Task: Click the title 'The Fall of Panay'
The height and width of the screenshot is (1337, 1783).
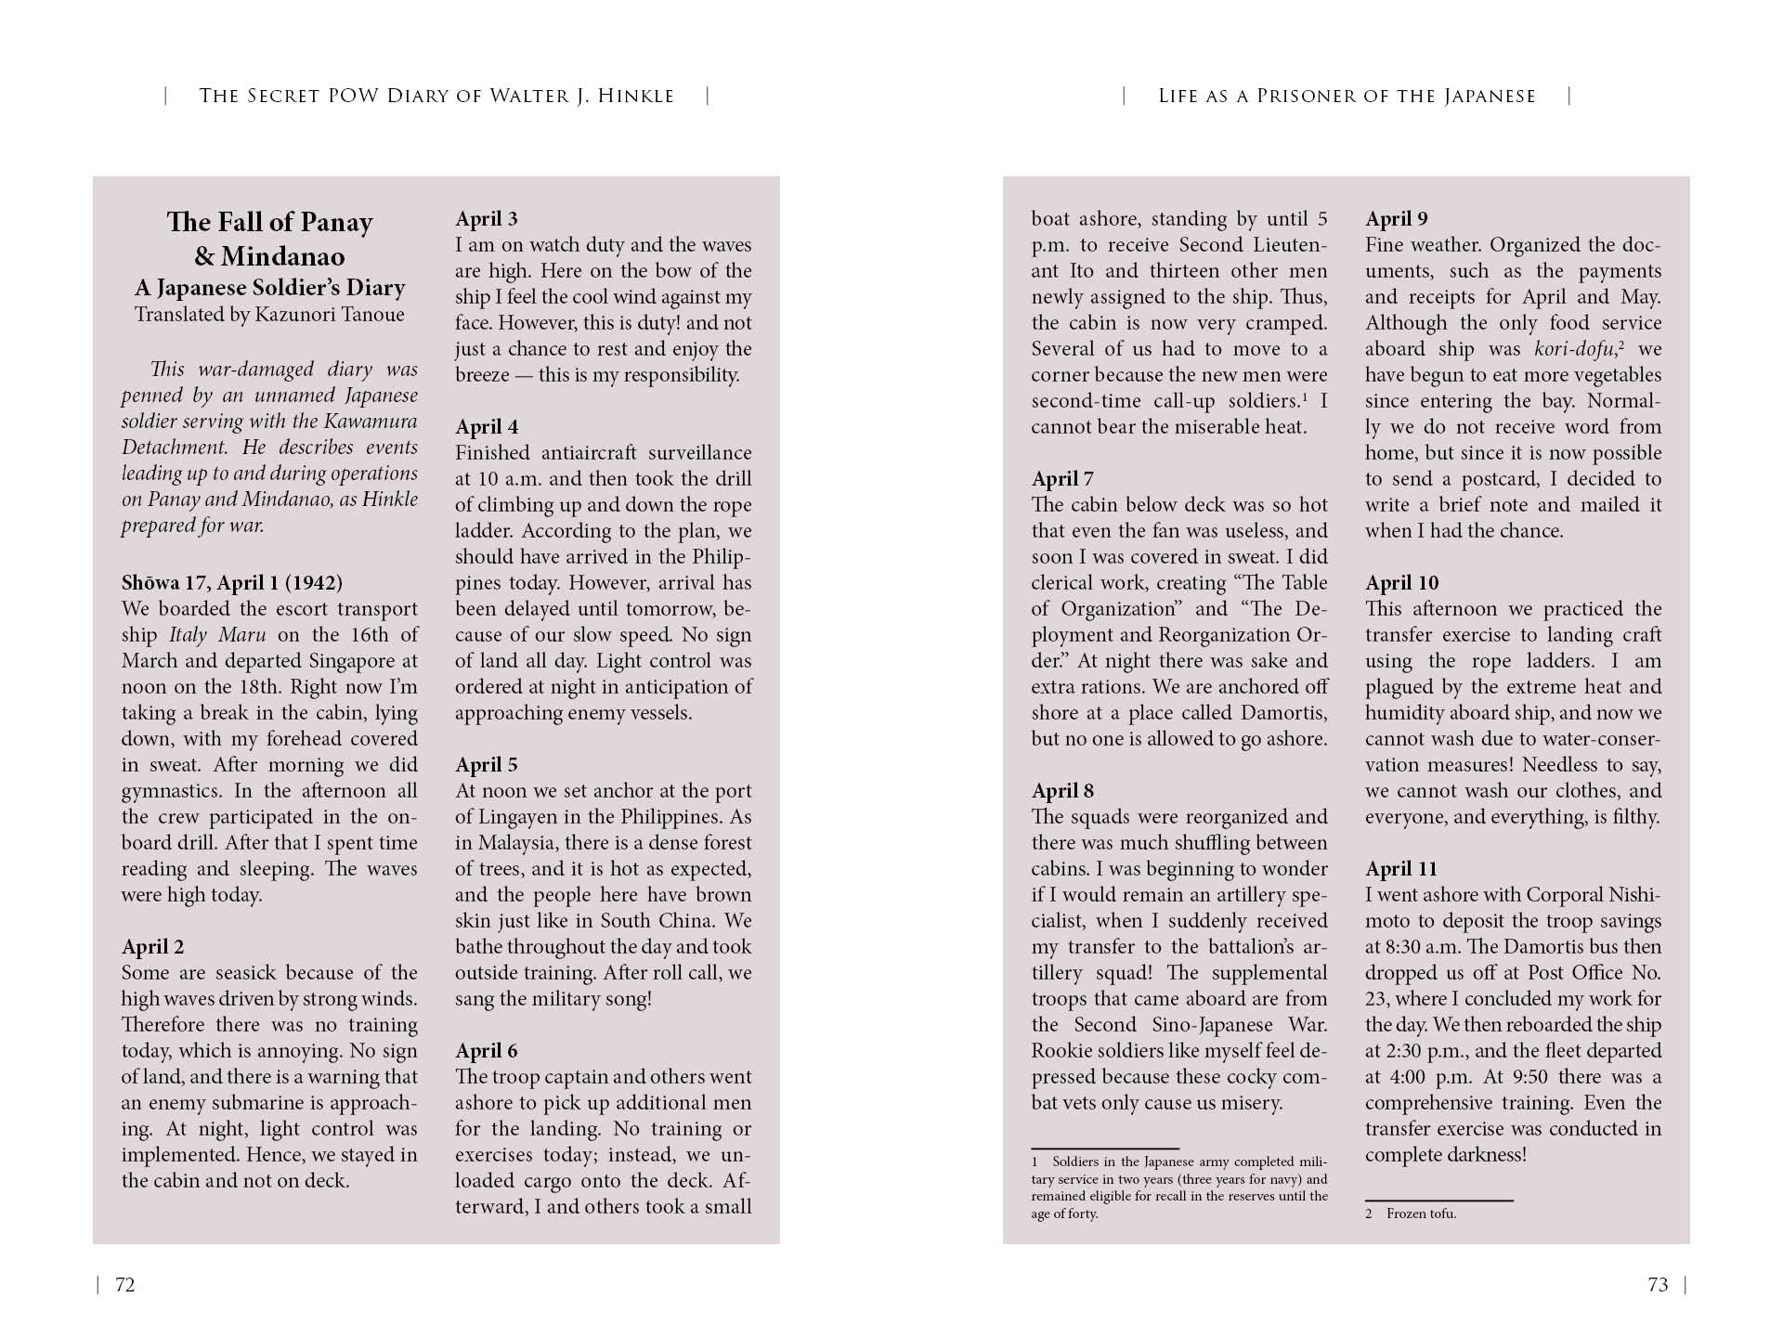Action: click(x=269, y=222)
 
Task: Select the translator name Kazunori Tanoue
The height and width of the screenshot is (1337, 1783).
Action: click(x=330, y=314)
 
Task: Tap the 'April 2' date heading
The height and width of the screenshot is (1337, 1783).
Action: click(x=152, y=947)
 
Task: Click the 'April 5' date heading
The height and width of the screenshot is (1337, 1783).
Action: click(x=486, y=765)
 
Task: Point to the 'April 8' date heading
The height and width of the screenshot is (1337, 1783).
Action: click(x=1062, y=791)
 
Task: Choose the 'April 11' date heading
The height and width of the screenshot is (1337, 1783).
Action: click(x=1400, y=869)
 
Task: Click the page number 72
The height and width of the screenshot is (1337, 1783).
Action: click(x=124, y=1285)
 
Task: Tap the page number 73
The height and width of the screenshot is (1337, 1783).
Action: click(x=1658, y=1285)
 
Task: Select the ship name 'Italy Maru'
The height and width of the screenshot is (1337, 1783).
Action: click(x=217, y=635)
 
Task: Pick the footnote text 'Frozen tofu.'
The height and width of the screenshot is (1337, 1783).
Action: click(x=1421, y=1214)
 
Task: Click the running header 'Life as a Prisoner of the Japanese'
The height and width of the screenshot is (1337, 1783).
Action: click(x=1347, y=96)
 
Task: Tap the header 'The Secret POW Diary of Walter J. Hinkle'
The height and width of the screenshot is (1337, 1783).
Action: click(x=436, y=96)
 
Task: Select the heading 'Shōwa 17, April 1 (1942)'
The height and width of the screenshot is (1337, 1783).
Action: click(x=231, y=583)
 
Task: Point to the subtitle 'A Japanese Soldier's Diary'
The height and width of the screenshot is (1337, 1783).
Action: click(x=269, y=288)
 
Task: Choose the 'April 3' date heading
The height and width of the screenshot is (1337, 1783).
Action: click(x=486, y=219)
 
